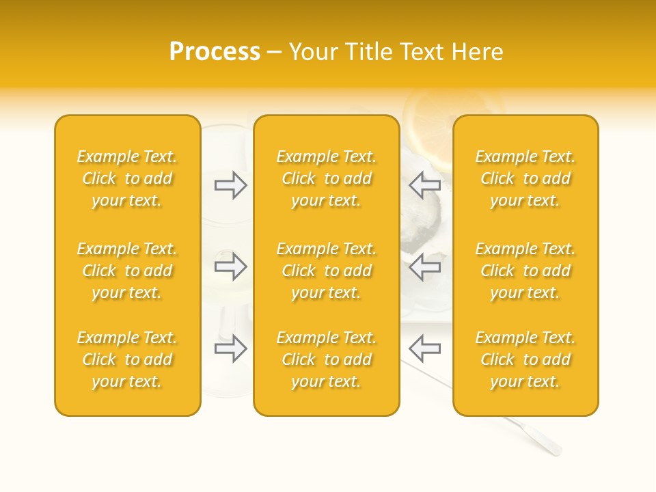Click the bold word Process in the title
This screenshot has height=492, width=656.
[x=215, y=52]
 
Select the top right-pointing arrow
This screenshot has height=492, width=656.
[x=230, y=185]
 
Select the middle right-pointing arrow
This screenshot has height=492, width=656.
[x=230, y=266]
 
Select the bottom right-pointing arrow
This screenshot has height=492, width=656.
[x=230, y=348]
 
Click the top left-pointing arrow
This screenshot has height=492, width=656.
[x=425, y=185]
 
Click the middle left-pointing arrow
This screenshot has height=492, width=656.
[x=425, y=266]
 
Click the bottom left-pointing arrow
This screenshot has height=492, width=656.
[x=425, y=348]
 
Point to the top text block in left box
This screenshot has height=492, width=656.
[x=127, y=178]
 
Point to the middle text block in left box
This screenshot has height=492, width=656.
[x=127, y=271]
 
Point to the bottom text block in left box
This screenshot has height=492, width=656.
[x=127, y=359]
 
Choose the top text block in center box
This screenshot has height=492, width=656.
[x=327, y=178]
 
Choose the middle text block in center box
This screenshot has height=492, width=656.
[x=327, y=271]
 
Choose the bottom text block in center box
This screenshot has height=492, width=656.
[x=327, y=359]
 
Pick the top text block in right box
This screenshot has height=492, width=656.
[x=525, y=178]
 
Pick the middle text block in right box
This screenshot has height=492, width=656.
[x=525, y=271]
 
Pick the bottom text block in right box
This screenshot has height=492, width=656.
[x=525, y=359]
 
